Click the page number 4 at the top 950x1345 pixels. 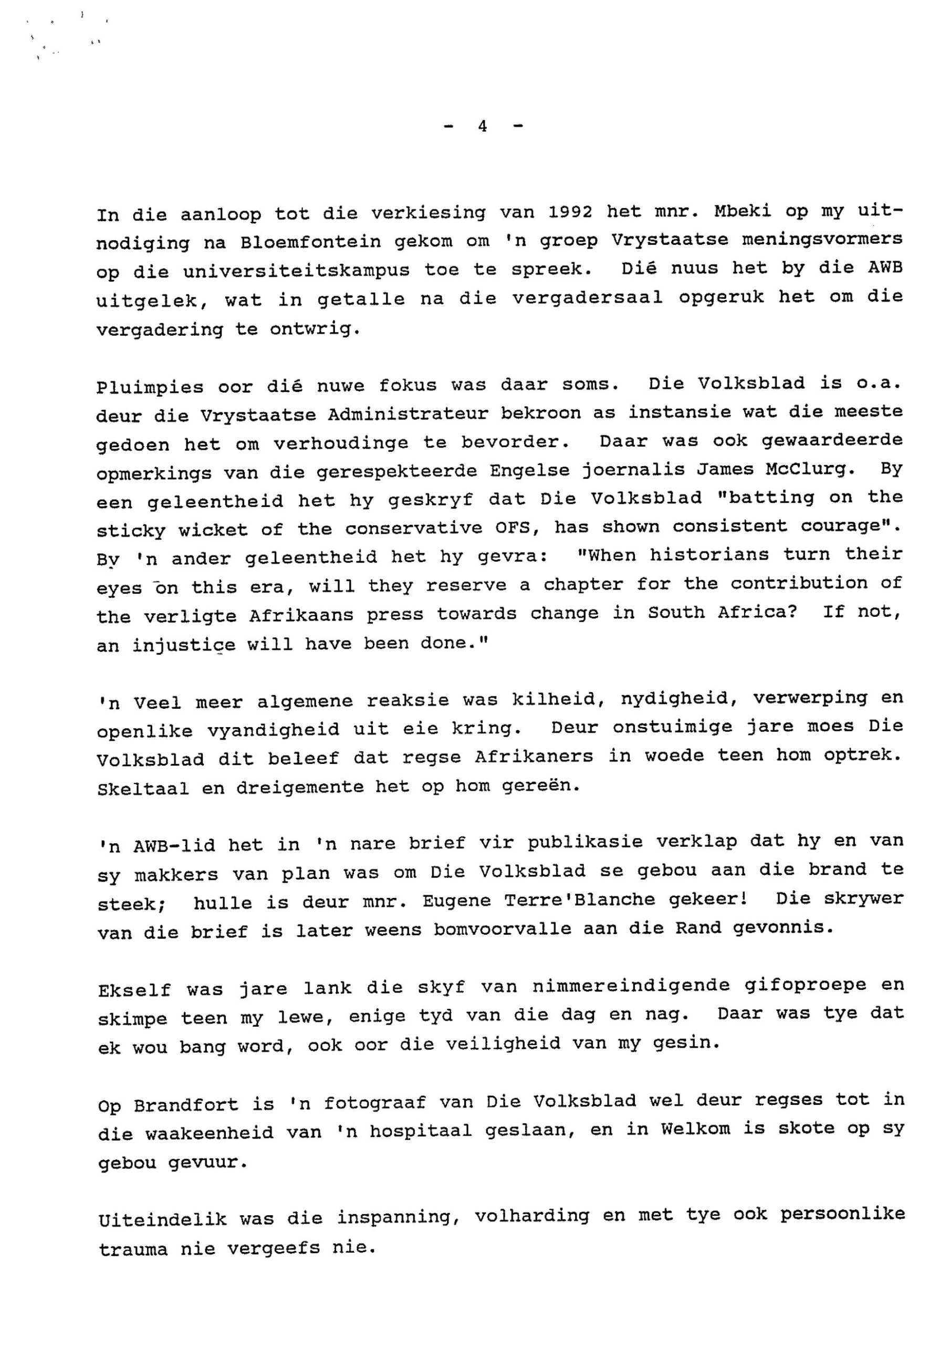tap(482, 126)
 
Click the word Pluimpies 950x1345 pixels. tap(150, 387)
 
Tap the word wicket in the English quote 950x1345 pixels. tap(213, 530)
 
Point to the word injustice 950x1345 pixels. tap(184, 645)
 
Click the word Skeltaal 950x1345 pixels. tap(143, 789)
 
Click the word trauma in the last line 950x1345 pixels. tap(133, 1249)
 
